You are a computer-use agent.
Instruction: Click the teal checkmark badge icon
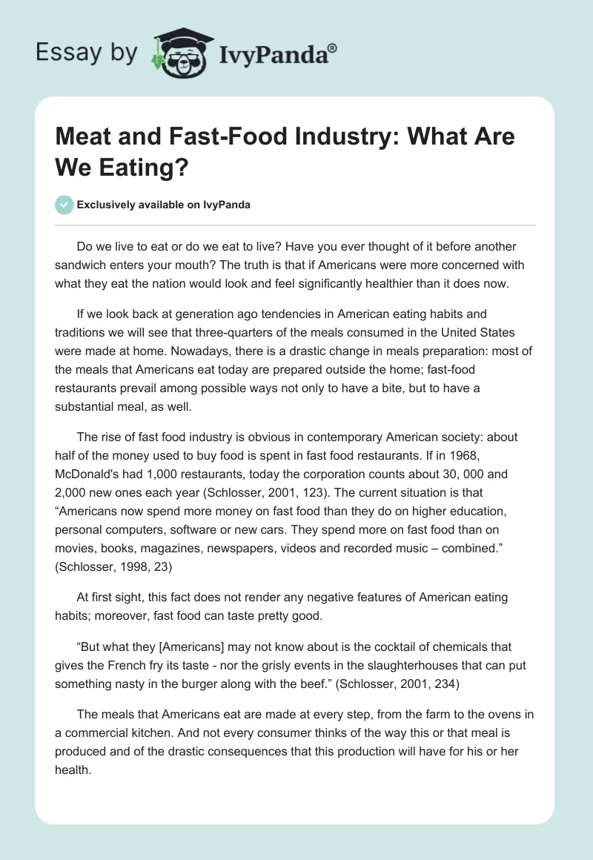(x=64, y=205)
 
